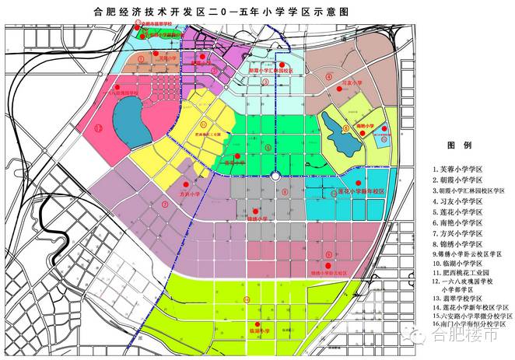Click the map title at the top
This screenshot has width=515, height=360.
coord(257,11)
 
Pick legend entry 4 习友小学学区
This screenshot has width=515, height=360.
coord(458,201)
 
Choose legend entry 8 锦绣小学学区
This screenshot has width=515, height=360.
coord(458,243)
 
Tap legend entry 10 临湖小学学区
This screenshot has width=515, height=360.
coord(458,264)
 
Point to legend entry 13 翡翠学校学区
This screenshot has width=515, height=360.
coord(458,295)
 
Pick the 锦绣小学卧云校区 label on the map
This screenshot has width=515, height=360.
coord(328,273)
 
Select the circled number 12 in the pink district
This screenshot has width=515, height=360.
coord(98,130)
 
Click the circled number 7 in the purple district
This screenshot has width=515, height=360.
coord(165,204)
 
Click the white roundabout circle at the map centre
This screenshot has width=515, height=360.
coord(275,177)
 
